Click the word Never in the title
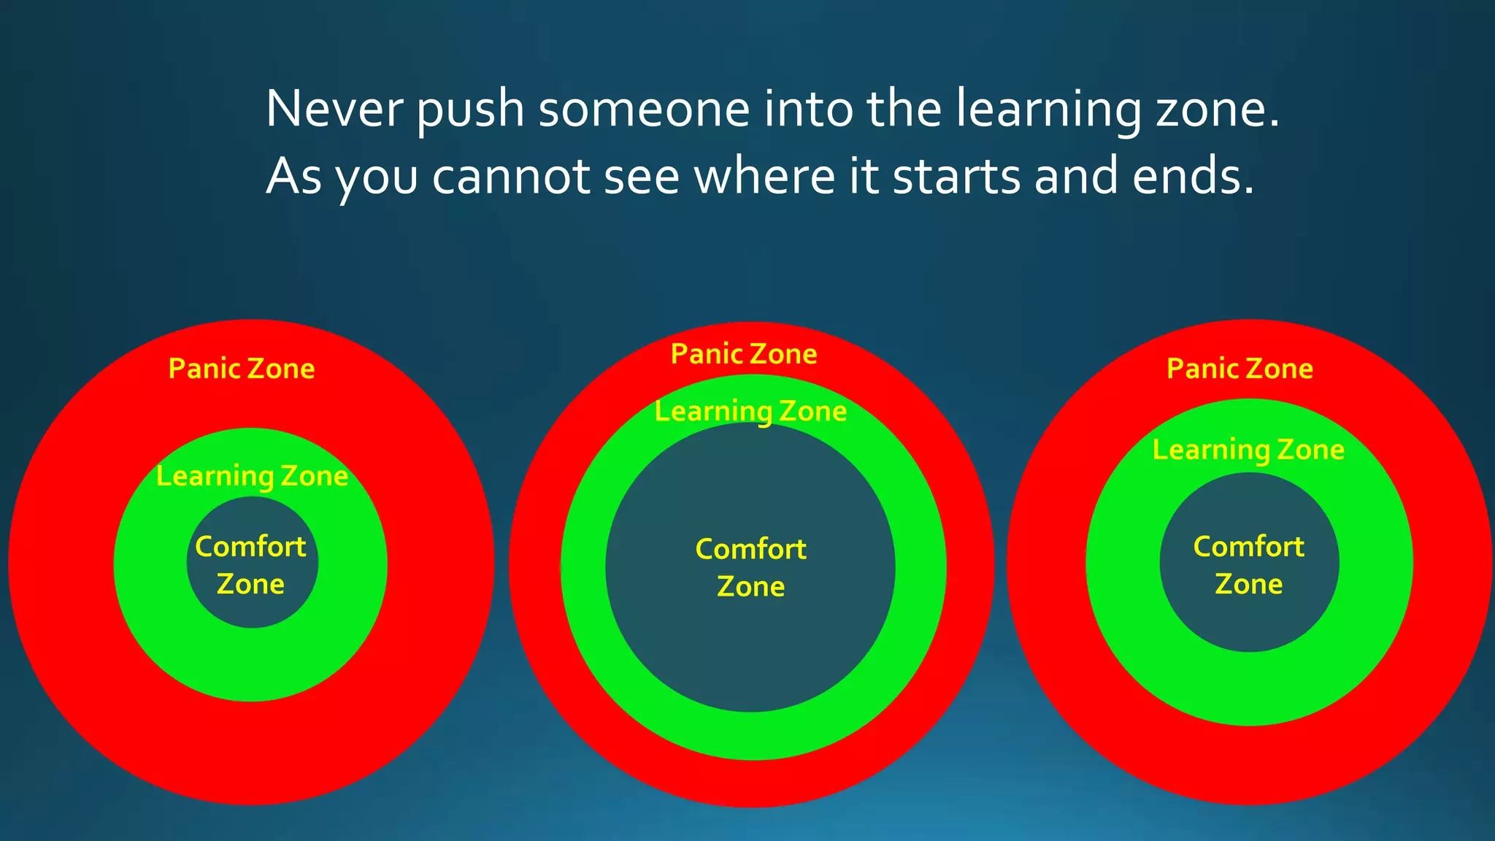334,110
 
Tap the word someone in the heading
644,110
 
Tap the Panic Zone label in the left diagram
242,369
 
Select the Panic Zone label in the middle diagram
744,354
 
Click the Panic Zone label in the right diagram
1240,369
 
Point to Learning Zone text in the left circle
252,476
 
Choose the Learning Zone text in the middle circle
750,411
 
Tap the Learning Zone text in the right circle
1248,450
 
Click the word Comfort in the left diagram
250,547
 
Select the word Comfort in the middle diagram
750,549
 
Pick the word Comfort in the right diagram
1248,547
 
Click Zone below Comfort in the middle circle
750,587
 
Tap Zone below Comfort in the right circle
1248,584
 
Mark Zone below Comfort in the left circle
250,584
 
